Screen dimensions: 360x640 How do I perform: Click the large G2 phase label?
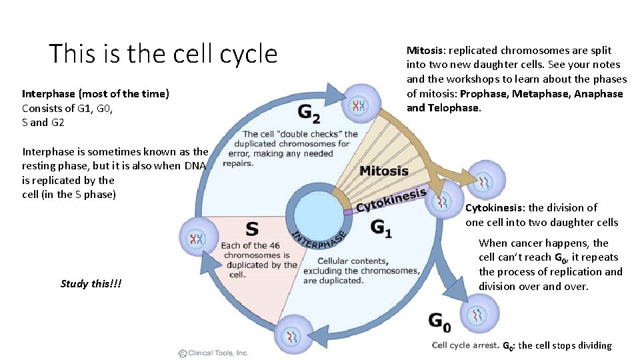point(309,114)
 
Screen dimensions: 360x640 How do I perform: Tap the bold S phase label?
point(252,229)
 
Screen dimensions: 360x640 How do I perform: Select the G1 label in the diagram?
point(381,228)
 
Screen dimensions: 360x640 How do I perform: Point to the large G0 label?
point(439,323)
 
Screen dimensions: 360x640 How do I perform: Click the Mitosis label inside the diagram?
point(384,171)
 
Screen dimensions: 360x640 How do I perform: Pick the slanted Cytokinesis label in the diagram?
point(391,200)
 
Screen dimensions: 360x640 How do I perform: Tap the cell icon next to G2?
point(360,105)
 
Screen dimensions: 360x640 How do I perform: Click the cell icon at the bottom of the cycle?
point(292,337)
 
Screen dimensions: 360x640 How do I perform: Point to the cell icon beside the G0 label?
point(479,314)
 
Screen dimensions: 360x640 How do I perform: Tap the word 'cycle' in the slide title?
point(244,53)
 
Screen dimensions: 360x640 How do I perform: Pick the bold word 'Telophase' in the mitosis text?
point(453,108)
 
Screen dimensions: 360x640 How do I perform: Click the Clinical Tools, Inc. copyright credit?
point(213,353)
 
